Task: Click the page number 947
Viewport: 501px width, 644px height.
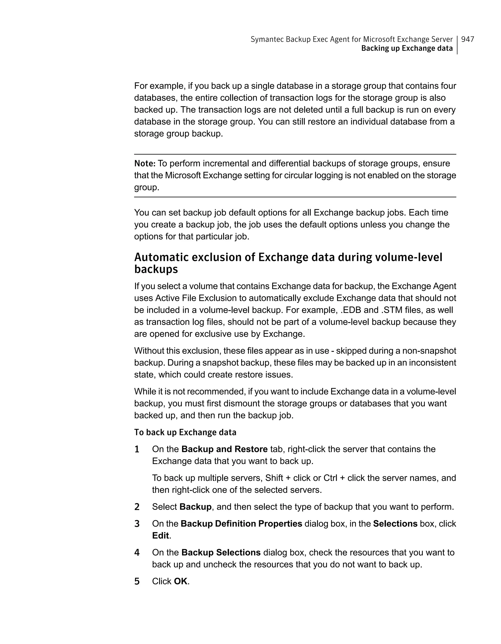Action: [x=467, y=39]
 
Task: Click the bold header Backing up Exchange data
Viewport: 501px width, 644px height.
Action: [x=407, y=48]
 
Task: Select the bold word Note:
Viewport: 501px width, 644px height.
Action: [x=145, y=163]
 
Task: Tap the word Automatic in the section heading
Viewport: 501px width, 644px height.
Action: [x=161, y=257]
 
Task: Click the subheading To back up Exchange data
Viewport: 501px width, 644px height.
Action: [x=185, y=432]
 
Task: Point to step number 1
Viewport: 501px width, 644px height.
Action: [x=137, y=449]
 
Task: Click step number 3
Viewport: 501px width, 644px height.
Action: [x=137, y=524]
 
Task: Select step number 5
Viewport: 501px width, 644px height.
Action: [x=137, y=581]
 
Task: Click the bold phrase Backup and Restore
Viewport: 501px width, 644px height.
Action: [x=224, y=449]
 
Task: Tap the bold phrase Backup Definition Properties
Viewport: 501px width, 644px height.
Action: [x=241, y=524]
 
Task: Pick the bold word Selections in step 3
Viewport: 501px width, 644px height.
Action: [x=395, y=524]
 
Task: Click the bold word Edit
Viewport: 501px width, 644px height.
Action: [x=160, y=535]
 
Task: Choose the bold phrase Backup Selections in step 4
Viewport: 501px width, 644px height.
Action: [x=221, y=552]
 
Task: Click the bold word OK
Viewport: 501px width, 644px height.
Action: [x=181, y=581]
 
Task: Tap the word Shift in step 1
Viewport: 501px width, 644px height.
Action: [x=274, y=478]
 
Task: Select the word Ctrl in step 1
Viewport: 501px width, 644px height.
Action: [x=330, y=478]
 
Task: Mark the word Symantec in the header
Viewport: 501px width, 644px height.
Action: [x=267, y=39]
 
